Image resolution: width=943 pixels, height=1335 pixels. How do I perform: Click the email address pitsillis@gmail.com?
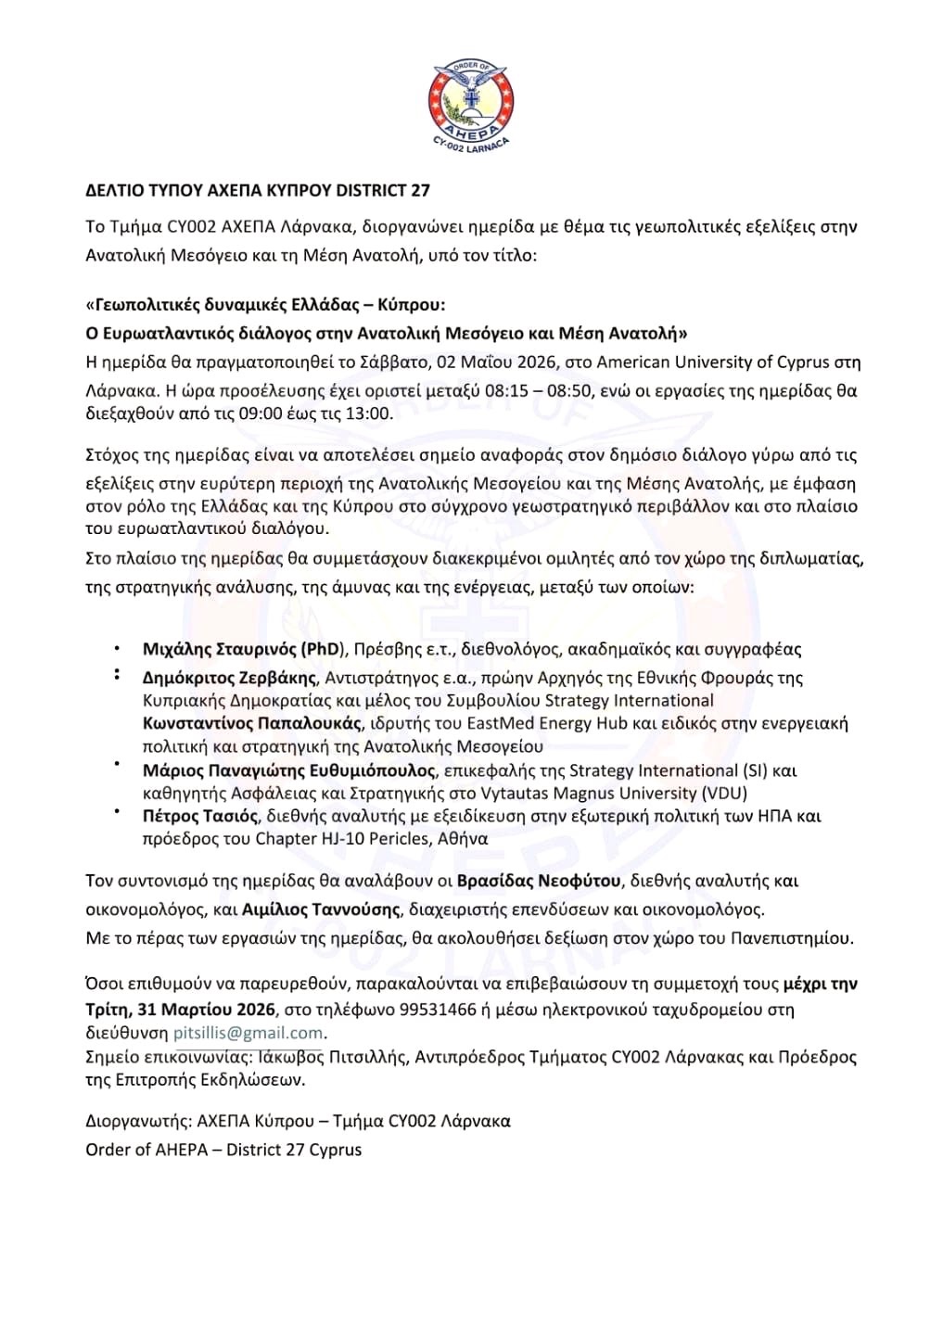248,1033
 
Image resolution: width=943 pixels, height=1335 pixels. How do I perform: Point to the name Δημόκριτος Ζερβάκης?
231,678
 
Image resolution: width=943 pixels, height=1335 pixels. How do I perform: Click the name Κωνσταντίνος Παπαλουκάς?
251,723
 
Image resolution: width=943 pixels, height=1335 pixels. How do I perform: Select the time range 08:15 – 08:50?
538,390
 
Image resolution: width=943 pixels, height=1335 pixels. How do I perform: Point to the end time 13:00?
368,413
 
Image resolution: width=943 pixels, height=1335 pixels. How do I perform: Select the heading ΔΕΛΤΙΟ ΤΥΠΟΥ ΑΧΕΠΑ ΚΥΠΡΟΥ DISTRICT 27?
258,191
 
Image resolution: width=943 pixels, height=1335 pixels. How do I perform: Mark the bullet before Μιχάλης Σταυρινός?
117,649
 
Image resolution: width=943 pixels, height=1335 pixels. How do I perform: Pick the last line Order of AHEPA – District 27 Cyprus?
223,1150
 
